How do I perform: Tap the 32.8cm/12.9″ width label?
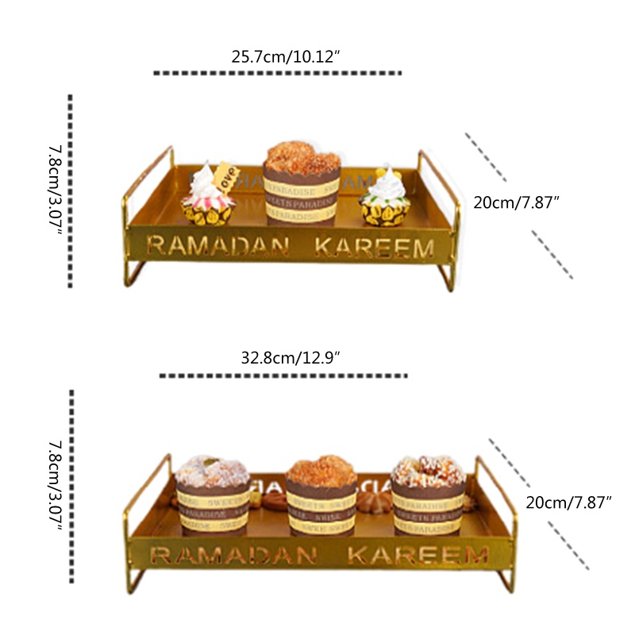tap(291, 358)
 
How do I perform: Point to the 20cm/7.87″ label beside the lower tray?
tap(569, 502)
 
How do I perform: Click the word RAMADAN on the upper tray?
tap(217, 247)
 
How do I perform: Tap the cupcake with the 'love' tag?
tap(210, 197)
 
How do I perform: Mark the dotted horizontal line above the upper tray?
tap(278, 73)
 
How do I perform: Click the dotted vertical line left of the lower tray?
tap(71, 486)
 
